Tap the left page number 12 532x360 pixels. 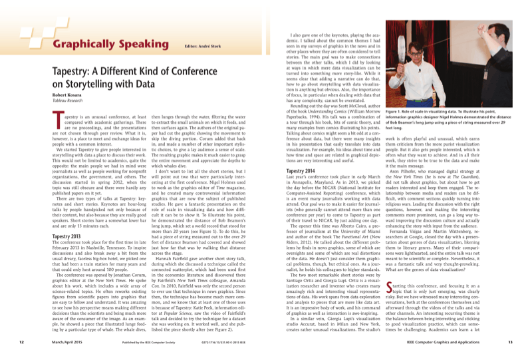[x=22, y=342]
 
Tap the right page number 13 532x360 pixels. [x=509, y=342]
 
